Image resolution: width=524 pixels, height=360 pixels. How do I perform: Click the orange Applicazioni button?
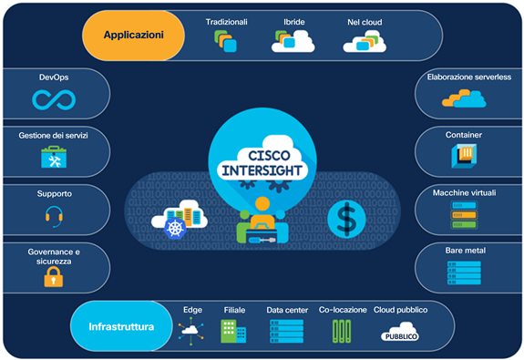134,36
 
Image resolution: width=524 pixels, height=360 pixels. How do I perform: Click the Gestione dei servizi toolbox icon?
53,158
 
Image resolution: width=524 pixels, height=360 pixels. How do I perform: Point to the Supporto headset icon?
53,215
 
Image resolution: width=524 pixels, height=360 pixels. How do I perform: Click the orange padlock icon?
53,276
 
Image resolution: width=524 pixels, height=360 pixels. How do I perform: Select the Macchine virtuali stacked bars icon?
464,214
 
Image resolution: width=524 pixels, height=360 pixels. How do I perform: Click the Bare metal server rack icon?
464,272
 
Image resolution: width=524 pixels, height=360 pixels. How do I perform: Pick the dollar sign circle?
347,218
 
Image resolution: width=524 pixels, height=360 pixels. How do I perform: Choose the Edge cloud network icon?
192,332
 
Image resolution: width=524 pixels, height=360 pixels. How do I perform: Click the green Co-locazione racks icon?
341,332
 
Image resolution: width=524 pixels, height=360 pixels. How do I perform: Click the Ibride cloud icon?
289,40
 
